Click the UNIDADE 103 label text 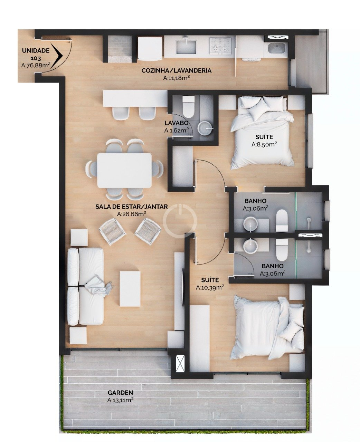click(x=36, y=54)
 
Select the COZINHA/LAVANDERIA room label click(x=177, y=70)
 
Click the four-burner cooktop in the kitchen click(x=220, y=47)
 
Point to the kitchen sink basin click(x=186, y=47)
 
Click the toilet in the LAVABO click(x=188, y=106)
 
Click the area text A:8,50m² click(x=264, y=144)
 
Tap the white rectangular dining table click(x=124, y=170)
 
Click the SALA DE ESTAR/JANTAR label click(x=131, y=206)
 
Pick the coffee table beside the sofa click(x=130, y=289)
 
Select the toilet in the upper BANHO click(x=282, y=221)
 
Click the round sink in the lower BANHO click(x=250, y=246)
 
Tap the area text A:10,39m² click(x=210, y=287)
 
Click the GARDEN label click(x=120, y=393)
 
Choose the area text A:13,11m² click(x=120, y=400)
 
